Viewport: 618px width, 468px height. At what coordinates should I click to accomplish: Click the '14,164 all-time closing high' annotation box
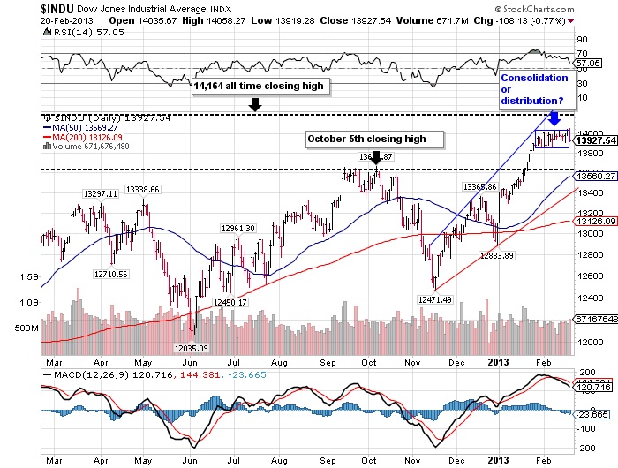(260, 86)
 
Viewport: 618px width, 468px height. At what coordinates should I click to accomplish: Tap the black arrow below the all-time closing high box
(254, 104)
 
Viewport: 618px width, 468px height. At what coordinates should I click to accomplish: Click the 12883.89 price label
(496, 255)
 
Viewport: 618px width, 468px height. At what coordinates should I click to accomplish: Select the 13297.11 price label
(102, 193)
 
